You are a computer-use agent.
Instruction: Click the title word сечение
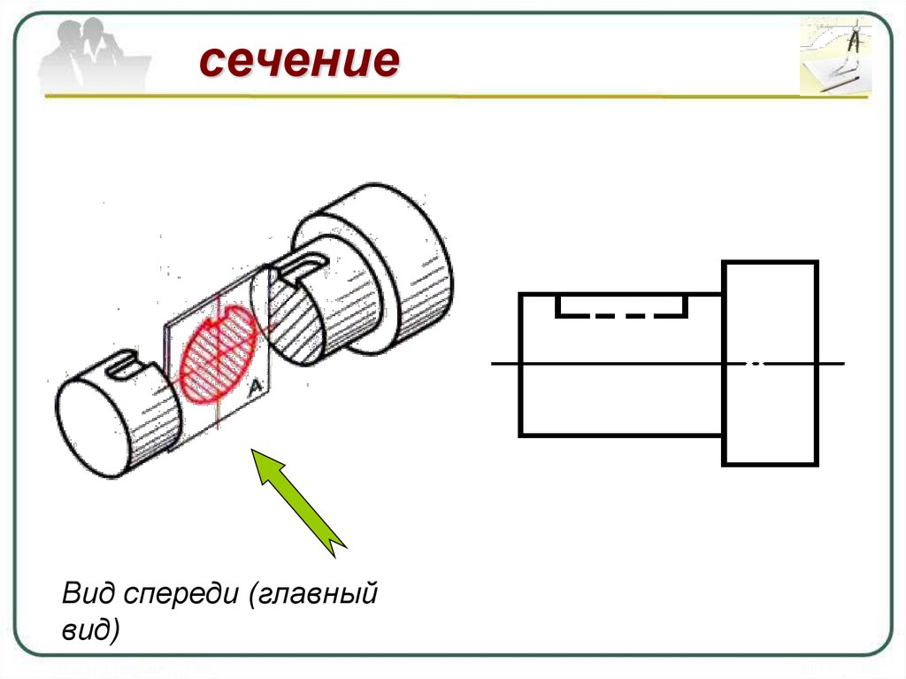pos(299,62)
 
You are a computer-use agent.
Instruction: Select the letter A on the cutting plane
pos(255,387)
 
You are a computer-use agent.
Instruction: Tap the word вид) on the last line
pos(90,631)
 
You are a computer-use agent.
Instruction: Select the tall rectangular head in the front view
pos(770,363)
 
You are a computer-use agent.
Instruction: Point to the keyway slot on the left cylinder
pos(123,364)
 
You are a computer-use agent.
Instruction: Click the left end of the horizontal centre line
pos(494,363)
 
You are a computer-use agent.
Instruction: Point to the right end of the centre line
pos(842,363)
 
